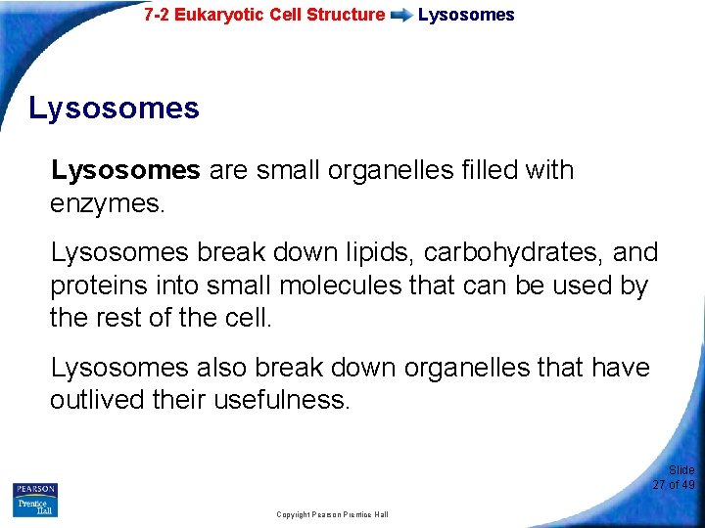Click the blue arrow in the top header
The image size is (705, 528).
click(401, 16)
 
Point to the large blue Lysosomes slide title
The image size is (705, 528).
click(114, 108)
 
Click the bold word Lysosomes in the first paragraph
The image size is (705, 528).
click(125, 170)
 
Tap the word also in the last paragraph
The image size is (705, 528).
click(220, 368)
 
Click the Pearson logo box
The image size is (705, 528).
click(35, 489)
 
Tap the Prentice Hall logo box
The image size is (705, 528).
click(35, 506)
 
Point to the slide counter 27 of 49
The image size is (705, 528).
click(674, 484)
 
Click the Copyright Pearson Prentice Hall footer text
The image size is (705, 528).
click(332, 514)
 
